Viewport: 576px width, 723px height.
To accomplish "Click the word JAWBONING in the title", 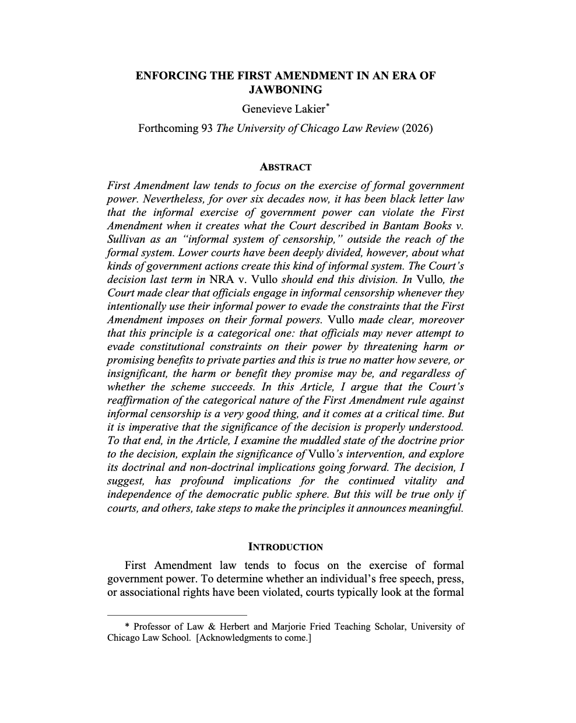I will tap(285, 90).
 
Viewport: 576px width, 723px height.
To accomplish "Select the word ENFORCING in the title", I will tap(165, 76).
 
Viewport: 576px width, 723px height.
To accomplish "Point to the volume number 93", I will tap(207, 128).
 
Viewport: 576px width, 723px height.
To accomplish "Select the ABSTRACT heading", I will tap(285, 167).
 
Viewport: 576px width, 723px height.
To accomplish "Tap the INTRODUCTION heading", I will tap(285, 547).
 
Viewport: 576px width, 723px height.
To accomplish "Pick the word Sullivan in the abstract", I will tap(125, 239).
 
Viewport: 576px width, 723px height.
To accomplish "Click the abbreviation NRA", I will tap(221, 280).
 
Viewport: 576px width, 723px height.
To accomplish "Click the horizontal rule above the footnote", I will tap(177, 614).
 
